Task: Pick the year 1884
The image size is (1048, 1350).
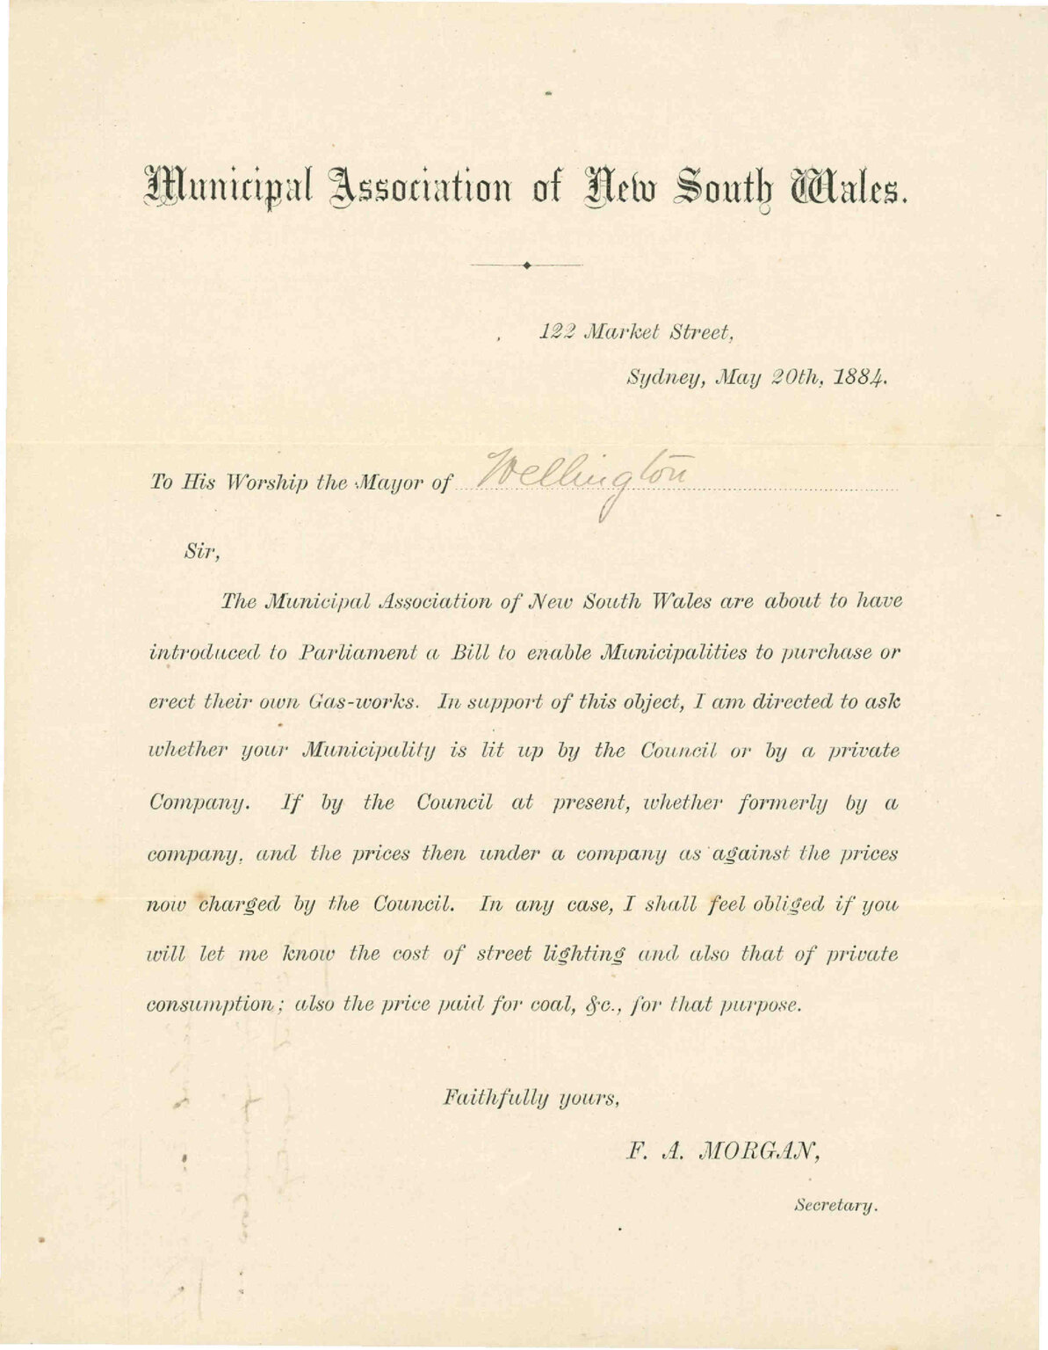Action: pos(860,379)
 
